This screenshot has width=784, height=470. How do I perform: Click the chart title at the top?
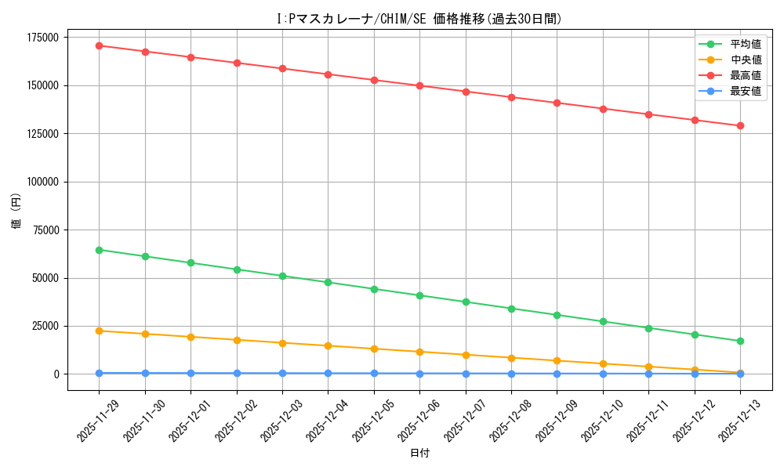(x=419, y=19)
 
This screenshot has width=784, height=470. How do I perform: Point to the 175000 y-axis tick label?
(x=43, y=38)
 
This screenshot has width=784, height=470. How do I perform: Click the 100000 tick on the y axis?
(x=43, y=182)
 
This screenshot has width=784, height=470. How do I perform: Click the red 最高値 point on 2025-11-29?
(x=100, y=45)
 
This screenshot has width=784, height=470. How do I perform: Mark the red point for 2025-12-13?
(x=740, y=125)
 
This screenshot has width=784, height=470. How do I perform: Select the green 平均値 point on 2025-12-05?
(x=374, y=289)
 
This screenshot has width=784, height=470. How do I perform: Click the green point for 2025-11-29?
(x=100, y=250)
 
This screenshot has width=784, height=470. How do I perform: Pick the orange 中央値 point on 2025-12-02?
(x=237, y=340)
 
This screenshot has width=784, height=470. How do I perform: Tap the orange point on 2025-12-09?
(x=557, y=360)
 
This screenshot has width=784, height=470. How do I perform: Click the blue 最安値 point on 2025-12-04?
(x=328, y=373)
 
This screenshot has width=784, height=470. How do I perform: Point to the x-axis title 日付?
(x=419, y=454)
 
